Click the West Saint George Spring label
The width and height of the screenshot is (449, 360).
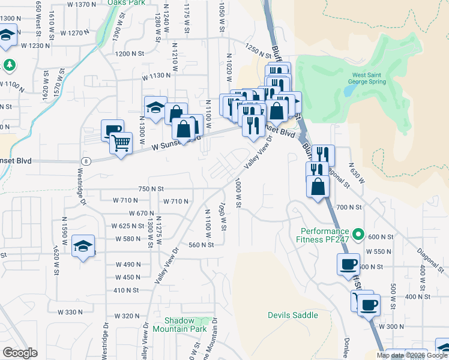pos(373,79)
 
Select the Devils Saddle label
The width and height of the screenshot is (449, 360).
pos(292,315)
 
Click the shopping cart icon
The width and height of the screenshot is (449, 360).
pos(121,143)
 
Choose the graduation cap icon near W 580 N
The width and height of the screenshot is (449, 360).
pos(83,246)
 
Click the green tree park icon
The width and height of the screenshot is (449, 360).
pos(9,64)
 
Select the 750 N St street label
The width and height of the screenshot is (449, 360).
pos(151,188)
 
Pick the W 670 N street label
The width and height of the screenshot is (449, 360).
pos(142,213)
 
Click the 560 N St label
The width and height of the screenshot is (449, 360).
pos(201,244)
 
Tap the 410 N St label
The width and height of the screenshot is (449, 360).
pos(125,290)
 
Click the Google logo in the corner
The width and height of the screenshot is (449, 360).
pos(20,353)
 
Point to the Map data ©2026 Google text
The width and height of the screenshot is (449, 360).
pos(412,355)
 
